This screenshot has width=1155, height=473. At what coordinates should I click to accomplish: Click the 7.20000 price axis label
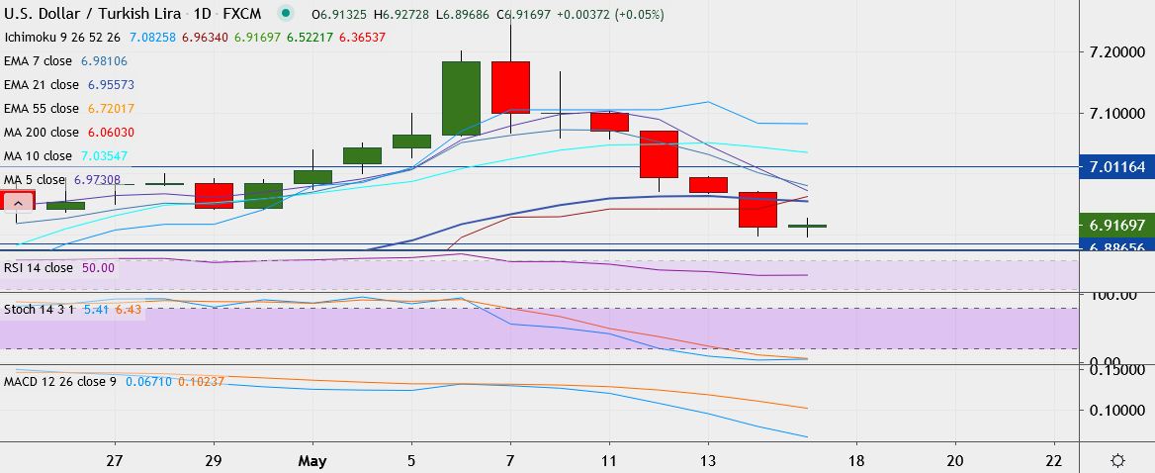pyautogui.click(x=1119, y=50)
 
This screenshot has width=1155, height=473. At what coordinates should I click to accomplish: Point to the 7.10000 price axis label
pyautogui.click(x=1119, y=113)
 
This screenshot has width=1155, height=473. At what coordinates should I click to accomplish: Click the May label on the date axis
pyautogui.click(x=311, y=460)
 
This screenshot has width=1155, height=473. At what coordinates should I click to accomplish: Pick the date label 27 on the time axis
pyautogui.click(x=116, y=460)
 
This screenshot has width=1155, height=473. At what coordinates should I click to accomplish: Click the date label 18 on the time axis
pyautogui.click(x=856, y=460)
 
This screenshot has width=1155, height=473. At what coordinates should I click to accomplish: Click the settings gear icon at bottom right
pyautogui.click(x=1118, y=460)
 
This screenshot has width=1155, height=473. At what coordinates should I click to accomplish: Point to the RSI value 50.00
pyautogui.click(x=99, y=267)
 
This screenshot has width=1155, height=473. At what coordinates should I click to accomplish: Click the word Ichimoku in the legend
pyautogui.click(x=31, y=37)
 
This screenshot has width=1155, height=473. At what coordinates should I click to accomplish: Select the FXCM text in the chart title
pyautogui.click(x=241, y=15)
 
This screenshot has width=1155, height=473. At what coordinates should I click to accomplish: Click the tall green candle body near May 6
pyautogui.click(x=461, y=98)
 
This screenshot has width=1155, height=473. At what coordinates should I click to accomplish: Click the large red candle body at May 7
pyautogui.click(x=510, y=87)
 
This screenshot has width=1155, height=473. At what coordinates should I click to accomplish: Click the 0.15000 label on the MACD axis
pyautogui.click(x=1119, y=370)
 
